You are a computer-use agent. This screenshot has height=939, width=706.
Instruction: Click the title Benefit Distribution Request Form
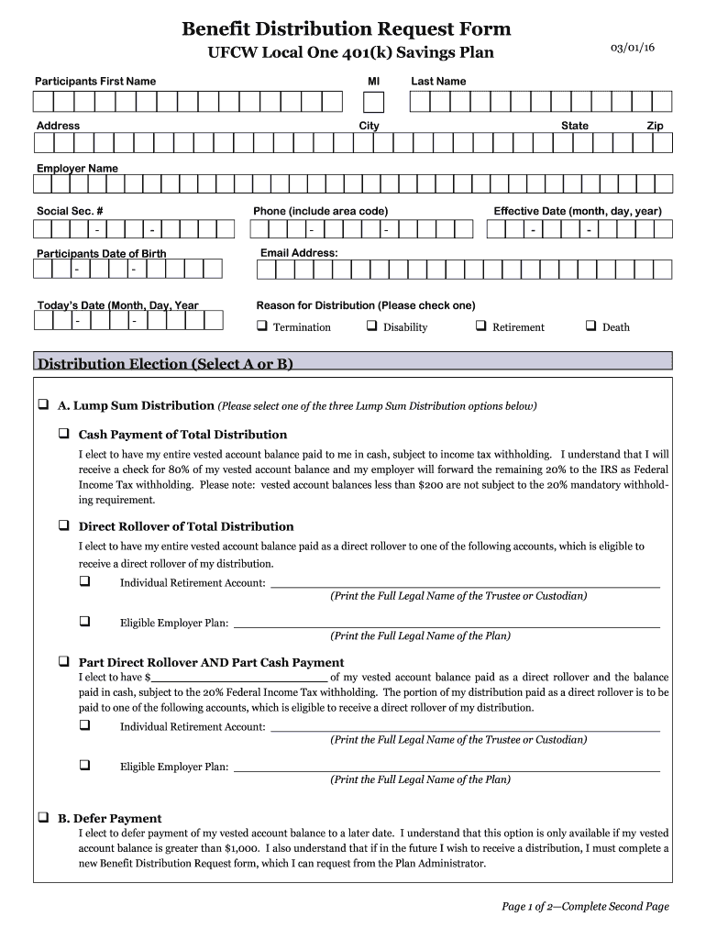tap(346, 29)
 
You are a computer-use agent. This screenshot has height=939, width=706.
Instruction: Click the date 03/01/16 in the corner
tap(634, 48)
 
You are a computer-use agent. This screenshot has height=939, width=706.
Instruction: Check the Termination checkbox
tap(261, 326)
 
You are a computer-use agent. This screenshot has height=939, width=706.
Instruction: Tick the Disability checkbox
tap(371, 326)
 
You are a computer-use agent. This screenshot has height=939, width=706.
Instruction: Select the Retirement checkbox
tap(480, 326)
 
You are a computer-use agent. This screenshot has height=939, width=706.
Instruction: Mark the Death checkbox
tap(590, 326)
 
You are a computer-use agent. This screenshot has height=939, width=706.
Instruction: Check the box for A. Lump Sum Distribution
tap(43, 404)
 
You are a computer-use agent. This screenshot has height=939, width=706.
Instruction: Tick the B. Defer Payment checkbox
tap(43, 817)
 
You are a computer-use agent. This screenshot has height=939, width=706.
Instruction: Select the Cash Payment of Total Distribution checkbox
tap(64, 433)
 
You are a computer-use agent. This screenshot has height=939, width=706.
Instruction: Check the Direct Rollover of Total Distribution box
tap(64, 525)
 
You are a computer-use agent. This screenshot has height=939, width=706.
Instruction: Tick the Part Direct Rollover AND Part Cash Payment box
tap(64, 661)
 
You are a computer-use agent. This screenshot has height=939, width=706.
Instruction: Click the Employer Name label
tap(77, 169)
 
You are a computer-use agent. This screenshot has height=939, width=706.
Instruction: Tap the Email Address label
tap(299, 252)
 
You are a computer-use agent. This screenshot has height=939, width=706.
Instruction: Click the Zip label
tap(655, 126)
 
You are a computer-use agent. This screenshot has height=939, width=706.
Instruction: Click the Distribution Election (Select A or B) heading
tap(165, 364)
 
